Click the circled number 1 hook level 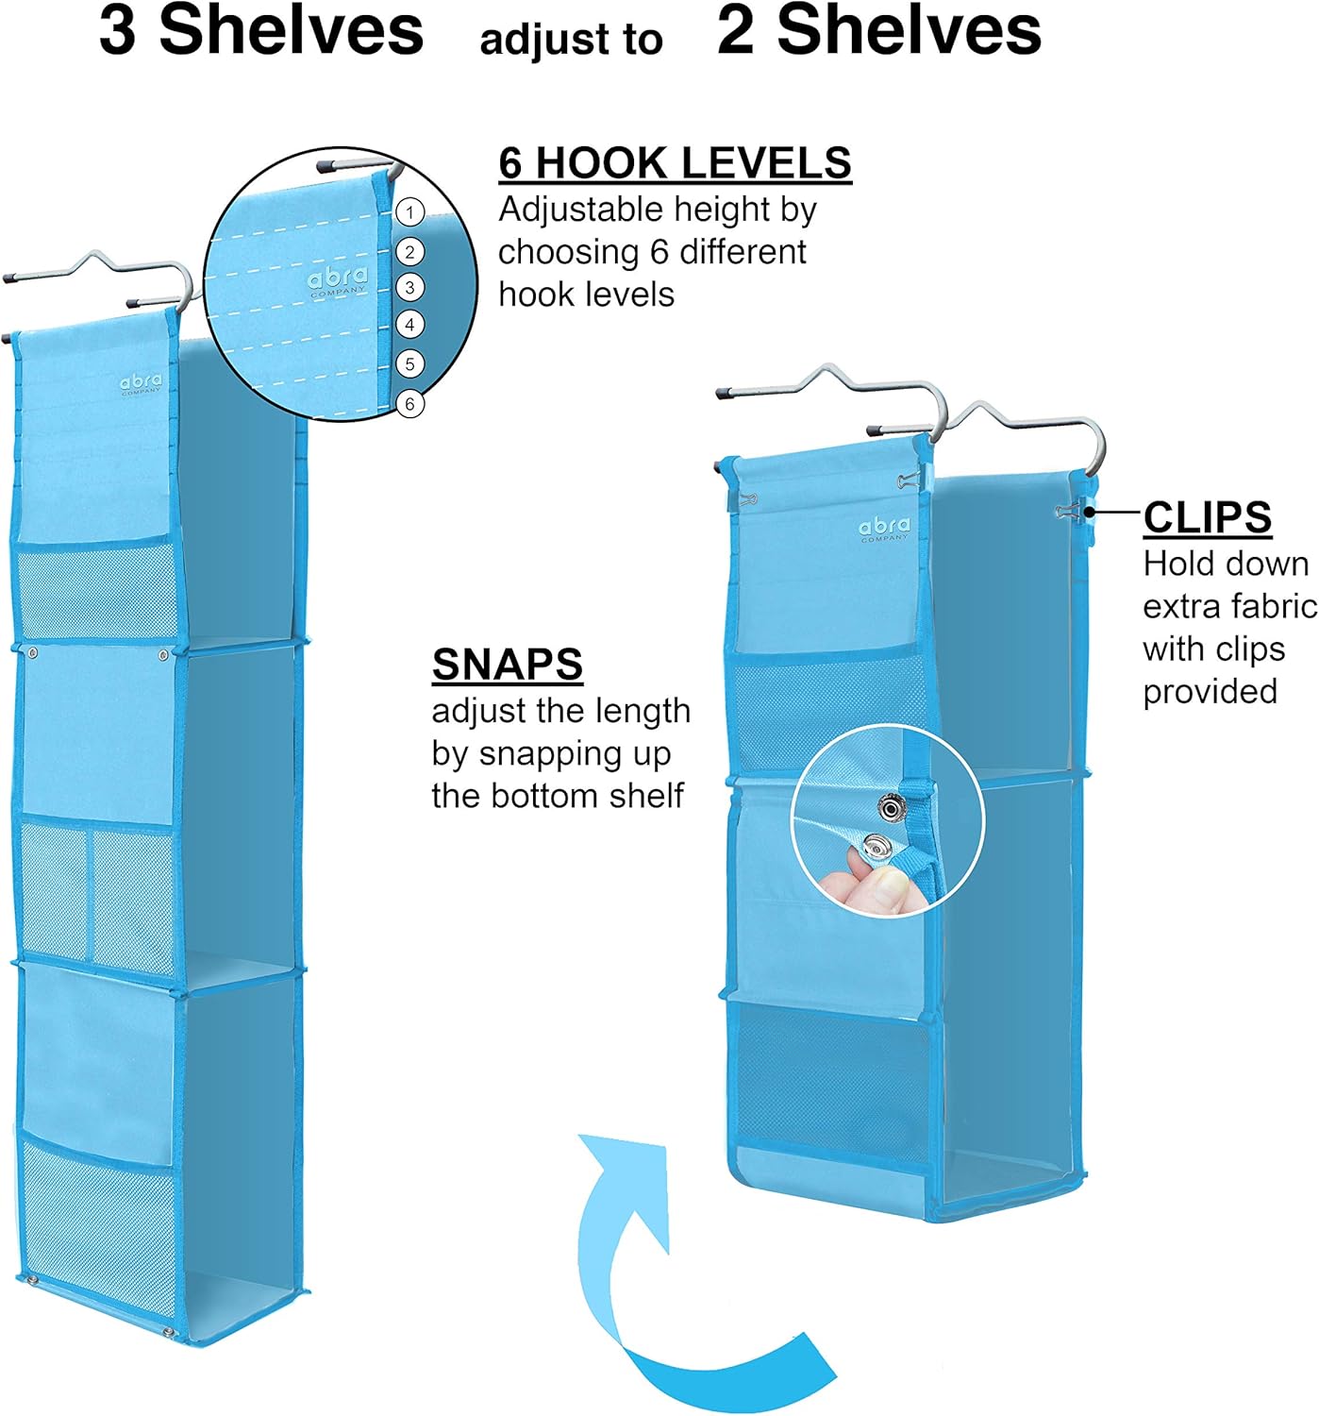pyautogui.click(x=409, y=211)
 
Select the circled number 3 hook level pyautogui.click(x=409, y=287)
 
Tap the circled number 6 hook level pyautogui.click(x=409, y=403)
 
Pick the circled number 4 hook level pyautogui.click(x=409, y=325)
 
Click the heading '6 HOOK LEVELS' pyautogui.click(x=675, y=163)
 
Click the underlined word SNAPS pyautogui.click(x=507, y=665)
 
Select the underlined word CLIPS pyautogui.click(x=1207, y=517)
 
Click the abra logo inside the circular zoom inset pyautogui.click(x=337, y=280)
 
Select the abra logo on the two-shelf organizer pyautogui.click(x=884, y=529)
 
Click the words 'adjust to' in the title pyautogui.click(x=571, y=40)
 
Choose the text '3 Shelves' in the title pyautogui.click(x=261, y=31)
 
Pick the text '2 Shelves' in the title pyautogui.click(x=878, y=31)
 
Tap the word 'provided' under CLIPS pyautogui.click(x=1210, y=692)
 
